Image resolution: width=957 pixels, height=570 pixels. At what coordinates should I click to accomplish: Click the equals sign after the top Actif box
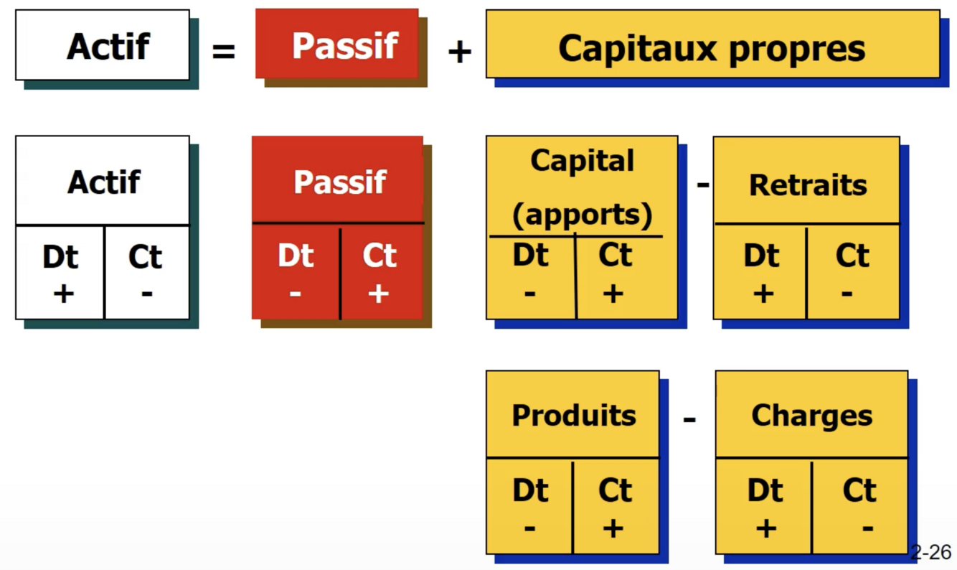click(224, 51)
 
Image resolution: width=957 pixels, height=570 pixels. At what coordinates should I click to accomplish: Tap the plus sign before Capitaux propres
click(459, 51)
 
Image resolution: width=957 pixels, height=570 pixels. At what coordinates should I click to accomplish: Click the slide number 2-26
click(930, 552)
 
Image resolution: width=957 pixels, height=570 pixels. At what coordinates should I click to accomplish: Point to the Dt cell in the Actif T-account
click(60, 273)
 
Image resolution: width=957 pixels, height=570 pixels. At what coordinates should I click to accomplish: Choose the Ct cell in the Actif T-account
click(146, 273)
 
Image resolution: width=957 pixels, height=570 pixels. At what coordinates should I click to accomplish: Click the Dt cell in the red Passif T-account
click(296, 273)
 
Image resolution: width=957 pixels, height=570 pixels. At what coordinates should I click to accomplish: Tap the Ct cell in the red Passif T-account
click(379, 273)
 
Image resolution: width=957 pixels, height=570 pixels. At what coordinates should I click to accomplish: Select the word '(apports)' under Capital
click(582, 214)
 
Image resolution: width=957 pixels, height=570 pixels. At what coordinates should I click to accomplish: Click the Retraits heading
click(808, 184)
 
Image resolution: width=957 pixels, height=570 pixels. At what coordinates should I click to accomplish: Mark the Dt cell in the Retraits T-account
click(761, 273)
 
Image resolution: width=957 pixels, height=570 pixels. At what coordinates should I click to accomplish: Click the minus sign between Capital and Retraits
click(703, 184)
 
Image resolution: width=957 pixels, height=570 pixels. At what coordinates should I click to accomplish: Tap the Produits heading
click(574, 415)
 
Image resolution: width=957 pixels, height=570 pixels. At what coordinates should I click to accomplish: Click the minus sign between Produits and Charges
click(689, 417)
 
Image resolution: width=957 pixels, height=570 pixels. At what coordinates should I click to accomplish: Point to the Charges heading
click(811, 415)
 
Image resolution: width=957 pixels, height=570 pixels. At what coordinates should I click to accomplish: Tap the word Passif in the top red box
click(344, 46)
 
